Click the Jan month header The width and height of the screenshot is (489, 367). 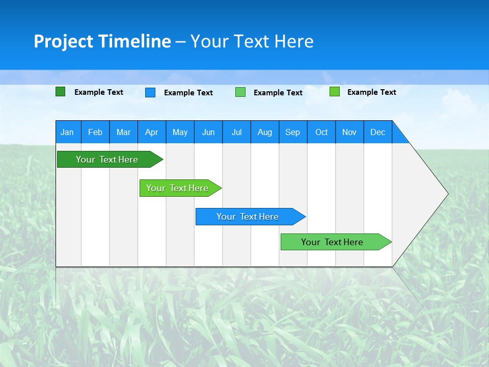pos(68,132)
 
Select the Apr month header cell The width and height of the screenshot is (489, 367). pos(152,132)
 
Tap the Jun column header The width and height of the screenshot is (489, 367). pos(208,132)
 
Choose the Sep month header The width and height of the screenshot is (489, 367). pos(293,132)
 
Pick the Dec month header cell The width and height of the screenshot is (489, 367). pos(378,132)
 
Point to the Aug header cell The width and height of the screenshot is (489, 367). pos(265,132)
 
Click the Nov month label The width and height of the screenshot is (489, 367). pos(349,132)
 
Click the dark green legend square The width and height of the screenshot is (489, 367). pos(61,92)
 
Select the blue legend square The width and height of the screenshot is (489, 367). pos(150,92)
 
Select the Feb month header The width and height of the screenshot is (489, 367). pos(95,132)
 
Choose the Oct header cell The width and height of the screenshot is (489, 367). pos(321,132)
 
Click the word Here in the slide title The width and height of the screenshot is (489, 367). pos(294,41)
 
